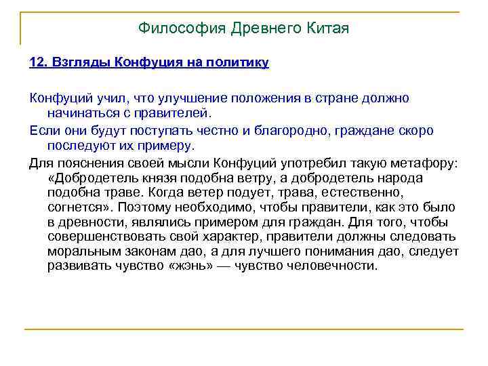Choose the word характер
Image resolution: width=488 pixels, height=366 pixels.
tap(222, 237)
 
